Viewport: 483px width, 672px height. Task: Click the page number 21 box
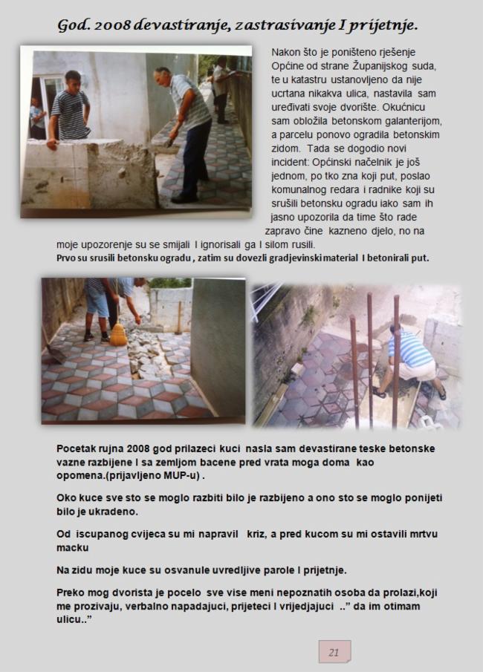[x=334, y=652]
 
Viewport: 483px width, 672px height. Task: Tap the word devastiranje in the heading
[x=183, y=26]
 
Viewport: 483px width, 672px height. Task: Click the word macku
[x=73, y=547]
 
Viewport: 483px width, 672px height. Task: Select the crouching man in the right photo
[x=408, y=360]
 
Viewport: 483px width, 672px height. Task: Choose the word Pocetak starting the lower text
[x=78, y=448]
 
